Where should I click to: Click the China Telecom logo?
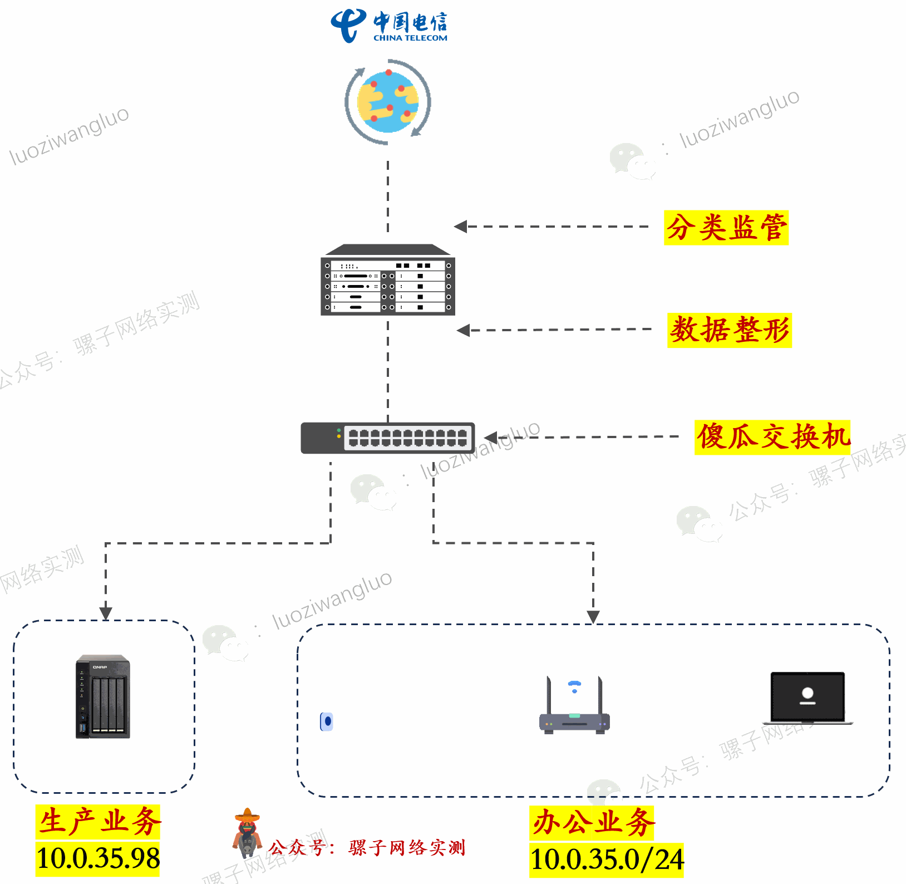[x=389, y=26]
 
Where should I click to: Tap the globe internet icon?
[x=388, y=102]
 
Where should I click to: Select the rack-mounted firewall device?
[x=388, y=280]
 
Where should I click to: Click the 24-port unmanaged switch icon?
[x=388, y=438]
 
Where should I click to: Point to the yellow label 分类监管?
[x=726, y=228]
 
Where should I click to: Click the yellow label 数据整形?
[x=730, y=330]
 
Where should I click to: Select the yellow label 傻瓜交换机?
[x=772, y=437]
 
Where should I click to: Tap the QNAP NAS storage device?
[x=103, y=696]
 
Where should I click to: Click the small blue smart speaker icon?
[x=327, y=721]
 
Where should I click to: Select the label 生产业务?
[x=99, y=822]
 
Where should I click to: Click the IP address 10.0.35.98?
[x=98, y=858]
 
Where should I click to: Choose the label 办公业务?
[x=592, y=823]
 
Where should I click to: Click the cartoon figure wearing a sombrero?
[x=247, y=833]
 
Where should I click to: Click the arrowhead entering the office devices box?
[x=593, y=617]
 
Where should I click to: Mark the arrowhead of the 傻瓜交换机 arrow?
[x=490, y=438]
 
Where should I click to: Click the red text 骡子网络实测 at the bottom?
[x=407, y=848]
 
